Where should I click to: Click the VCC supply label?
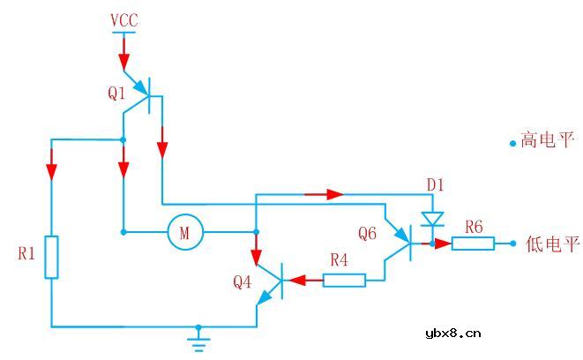[x=123, y=19]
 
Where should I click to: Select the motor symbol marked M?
[x=185, y=233]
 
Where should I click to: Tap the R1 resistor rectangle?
[x=51, y=257]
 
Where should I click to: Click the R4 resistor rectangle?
[x=344, y=281]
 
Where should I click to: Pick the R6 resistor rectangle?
[x=474, y=243]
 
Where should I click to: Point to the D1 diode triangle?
[x=431, y=217]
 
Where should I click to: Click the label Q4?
[x=243, y=282]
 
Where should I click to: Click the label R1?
[x=26, y=254]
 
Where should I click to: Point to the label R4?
[x=340, y=261]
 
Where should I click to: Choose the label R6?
[x=474, y=227]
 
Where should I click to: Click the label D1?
[x=436, y=185]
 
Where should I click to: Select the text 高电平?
[x=548, y=140]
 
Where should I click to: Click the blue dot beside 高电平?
[x=512, y=143]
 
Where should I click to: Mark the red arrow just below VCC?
[x=123, y=57]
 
